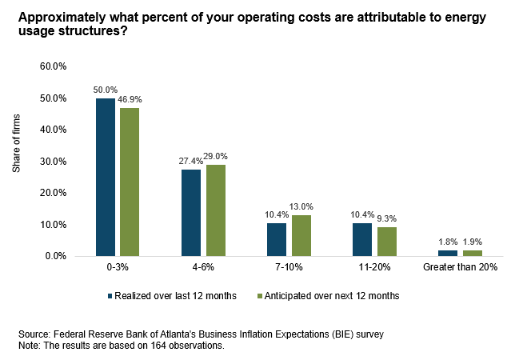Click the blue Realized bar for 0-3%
(x=106, y=177)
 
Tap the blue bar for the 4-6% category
(x=190, y=213)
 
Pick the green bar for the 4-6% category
(x=214, y=210)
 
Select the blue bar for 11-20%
(x=361, y=239)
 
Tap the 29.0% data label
(x=216, y=157)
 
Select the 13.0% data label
(x=301, y=207)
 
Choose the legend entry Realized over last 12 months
(x=172, y=295)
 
